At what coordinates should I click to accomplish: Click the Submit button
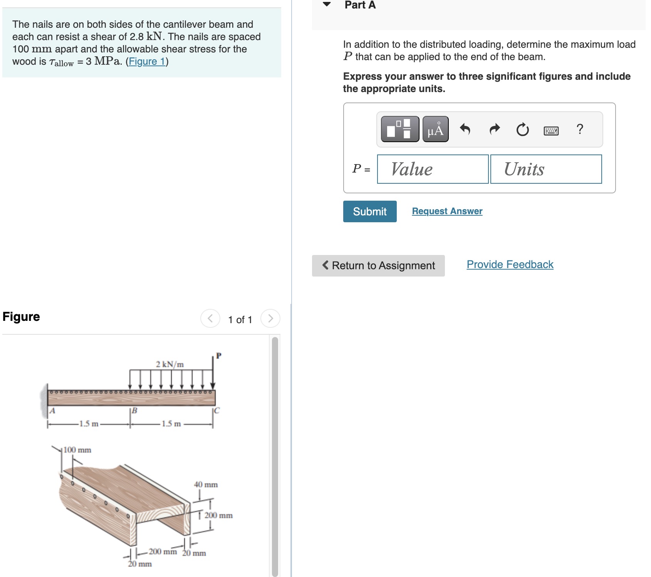point(369,211)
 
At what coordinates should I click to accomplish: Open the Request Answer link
point(447,211)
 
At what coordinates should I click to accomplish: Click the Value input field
point(433,169)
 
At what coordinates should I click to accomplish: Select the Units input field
point(545,169)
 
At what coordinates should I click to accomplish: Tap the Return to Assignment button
point(378,265)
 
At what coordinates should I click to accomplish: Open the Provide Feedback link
point(510,265)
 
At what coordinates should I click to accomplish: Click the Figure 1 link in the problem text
point(147,62)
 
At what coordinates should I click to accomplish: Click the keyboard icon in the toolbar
point(551,130)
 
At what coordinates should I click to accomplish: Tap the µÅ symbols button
point(435,129)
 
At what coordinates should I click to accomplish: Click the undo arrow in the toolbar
point(465,129)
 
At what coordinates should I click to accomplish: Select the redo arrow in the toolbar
point(495,129)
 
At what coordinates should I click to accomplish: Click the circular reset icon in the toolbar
point(522,129)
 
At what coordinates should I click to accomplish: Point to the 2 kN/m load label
point(169,364)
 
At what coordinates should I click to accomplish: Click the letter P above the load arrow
point(218,356)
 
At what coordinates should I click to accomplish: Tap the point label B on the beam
point(134,411)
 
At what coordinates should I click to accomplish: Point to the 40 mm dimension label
point(206,485)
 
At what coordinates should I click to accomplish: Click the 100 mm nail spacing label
point(77,450)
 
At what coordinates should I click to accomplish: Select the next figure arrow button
point(270,319)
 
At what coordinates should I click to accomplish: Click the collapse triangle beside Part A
point(327,5)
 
